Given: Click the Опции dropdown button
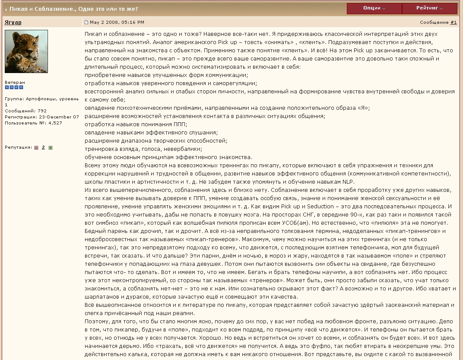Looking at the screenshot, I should [374, 8].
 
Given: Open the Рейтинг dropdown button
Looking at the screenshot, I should [429, 8].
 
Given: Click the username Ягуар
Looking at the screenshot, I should [13, 22].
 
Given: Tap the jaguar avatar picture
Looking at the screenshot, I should [26, 51].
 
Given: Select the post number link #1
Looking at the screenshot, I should [453, 22].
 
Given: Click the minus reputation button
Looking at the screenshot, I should [36, 148].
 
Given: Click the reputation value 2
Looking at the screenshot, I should [43, 147].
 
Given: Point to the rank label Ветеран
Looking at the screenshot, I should [15, 82].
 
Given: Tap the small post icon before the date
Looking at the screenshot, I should [86, 22].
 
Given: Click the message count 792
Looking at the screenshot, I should [42, 111].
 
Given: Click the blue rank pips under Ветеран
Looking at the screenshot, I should [14, 88].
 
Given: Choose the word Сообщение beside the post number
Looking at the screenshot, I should [434, 22].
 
